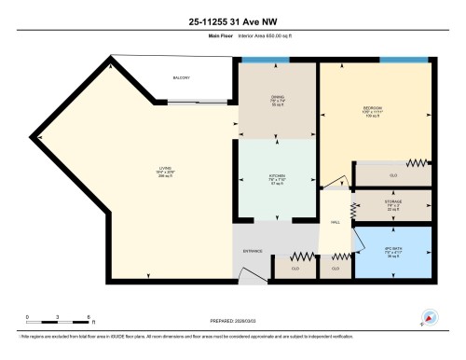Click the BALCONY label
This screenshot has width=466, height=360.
coord(181,78)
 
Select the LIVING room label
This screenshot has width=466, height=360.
coord(164,169)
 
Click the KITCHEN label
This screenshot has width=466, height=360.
coord(276,176)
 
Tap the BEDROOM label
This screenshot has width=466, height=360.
coord(373,109)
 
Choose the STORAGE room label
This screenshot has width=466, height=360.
coord(392,202)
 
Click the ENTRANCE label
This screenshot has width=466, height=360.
coord(253,251)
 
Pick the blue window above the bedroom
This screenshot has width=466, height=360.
coord(402,62)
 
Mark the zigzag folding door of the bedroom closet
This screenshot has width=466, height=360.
coord(416,163)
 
